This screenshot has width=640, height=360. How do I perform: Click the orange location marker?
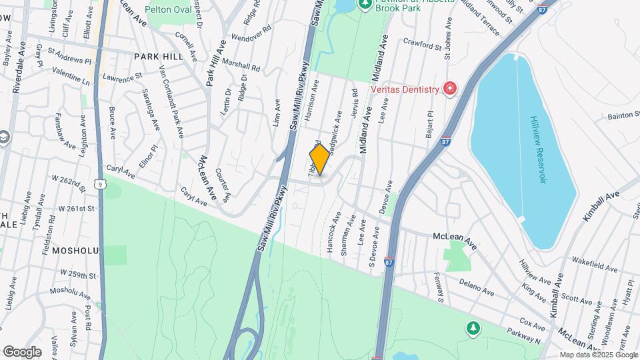tap(319, 159)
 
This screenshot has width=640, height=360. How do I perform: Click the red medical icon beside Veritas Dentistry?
tap(451, 89)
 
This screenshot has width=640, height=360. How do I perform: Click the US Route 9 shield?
tap(100, 183)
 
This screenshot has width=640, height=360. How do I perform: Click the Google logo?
tap(22, 351)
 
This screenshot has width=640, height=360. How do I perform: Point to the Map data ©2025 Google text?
tap(597, 355)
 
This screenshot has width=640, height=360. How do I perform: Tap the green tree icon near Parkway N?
tap(473, 327)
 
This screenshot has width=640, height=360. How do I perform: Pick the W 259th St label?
tap(78, 274)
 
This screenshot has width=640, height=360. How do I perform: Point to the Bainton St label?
tap(623, 117)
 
